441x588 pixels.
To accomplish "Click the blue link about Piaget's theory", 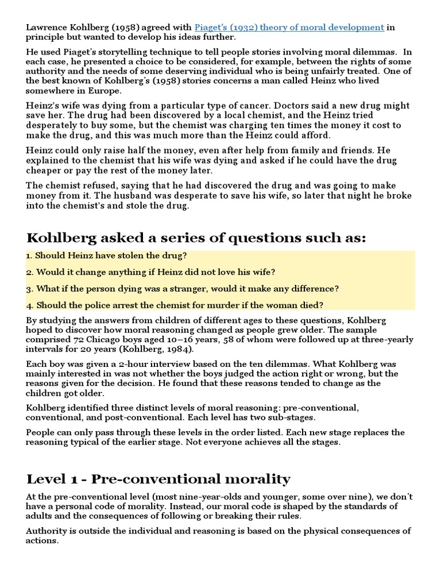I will click(289, 27).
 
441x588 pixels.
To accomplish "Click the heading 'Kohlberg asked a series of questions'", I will click(196, 238).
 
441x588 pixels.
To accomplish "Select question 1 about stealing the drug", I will click(107, 255).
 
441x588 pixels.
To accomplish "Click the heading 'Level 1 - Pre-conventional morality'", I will click(158, 479).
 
